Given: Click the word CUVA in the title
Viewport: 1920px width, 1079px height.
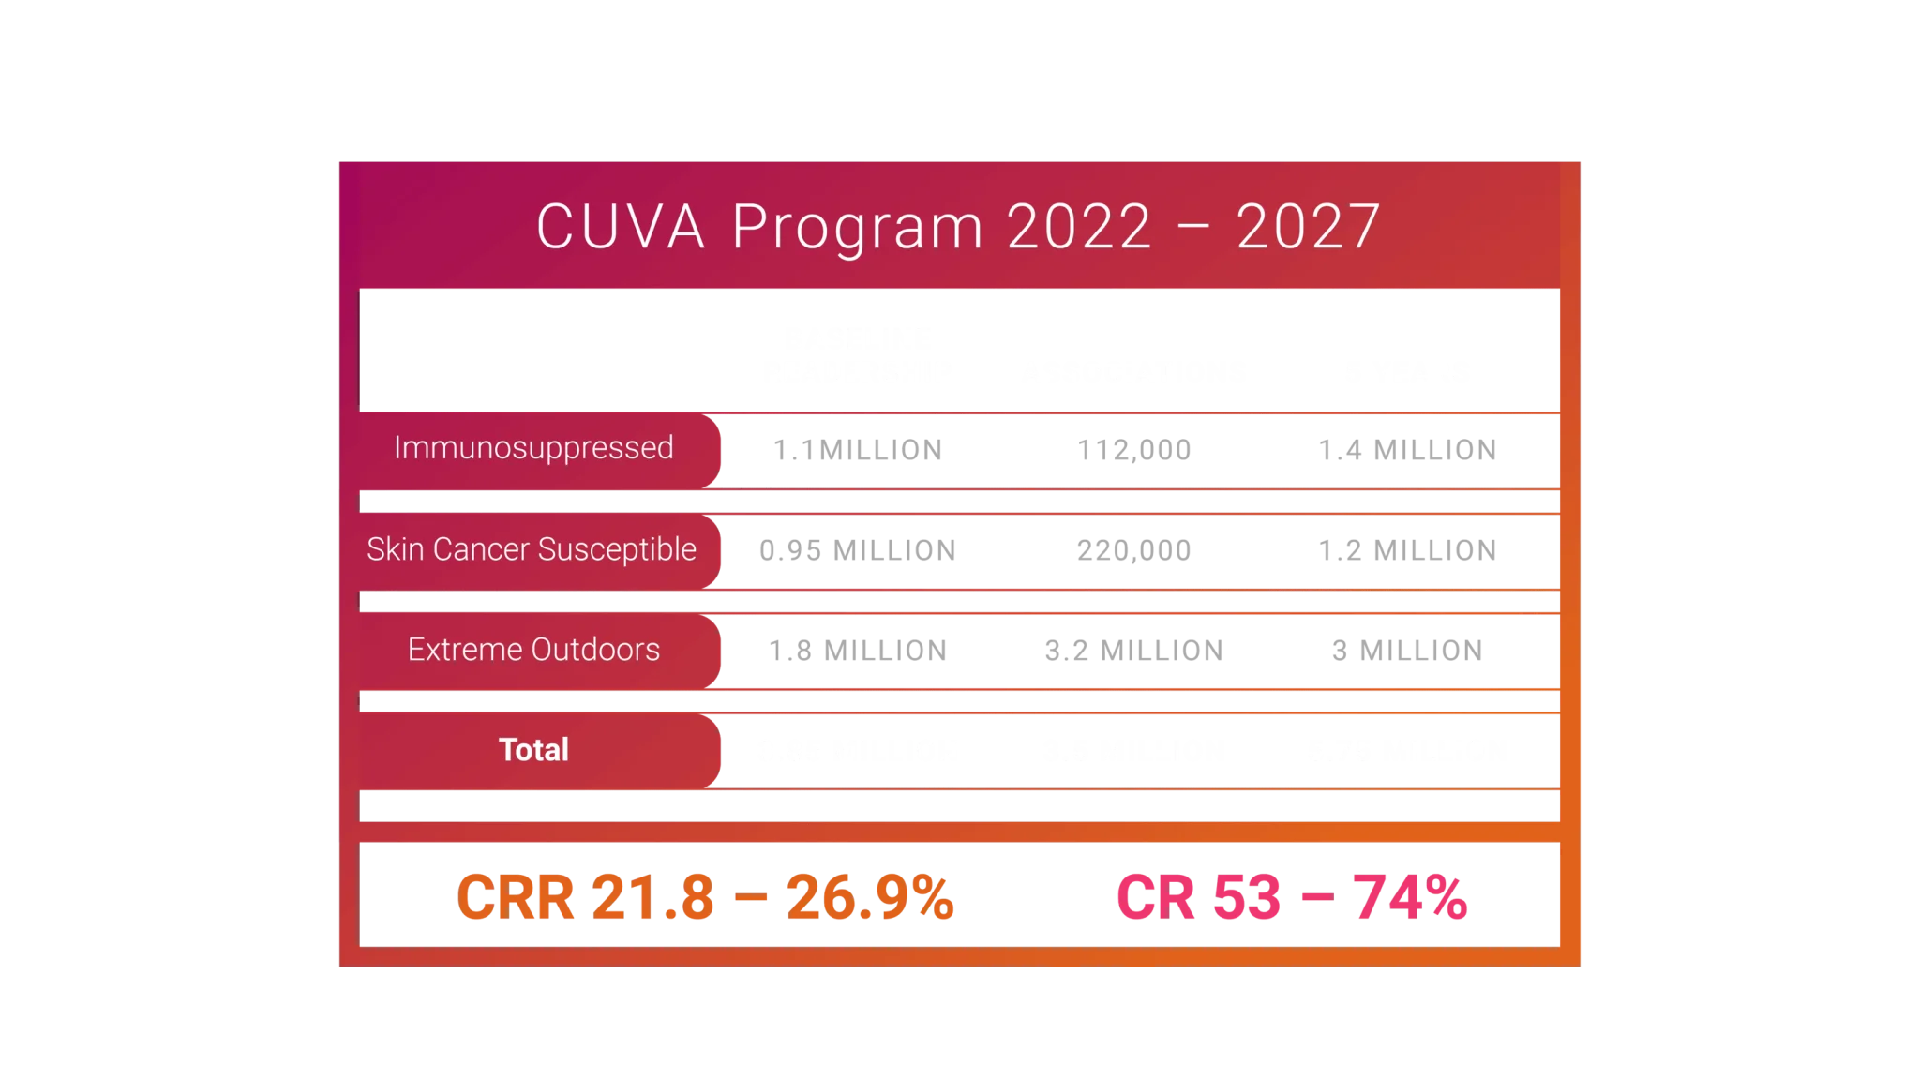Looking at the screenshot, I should (620, 227).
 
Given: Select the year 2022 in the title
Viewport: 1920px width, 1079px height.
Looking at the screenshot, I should (1079, 227).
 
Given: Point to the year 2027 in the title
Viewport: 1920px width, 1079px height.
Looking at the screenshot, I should (1308, 227).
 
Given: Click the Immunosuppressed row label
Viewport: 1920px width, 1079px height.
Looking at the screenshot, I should (533, 448).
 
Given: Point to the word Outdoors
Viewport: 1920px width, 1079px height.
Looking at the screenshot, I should (595, 650).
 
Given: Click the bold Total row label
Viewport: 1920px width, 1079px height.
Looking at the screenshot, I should (533, 750).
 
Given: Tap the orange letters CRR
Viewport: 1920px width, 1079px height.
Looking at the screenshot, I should (515, 898).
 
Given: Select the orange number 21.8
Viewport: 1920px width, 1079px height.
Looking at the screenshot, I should (652, 898).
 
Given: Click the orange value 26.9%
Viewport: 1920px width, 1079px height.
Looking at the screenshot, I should (871, 898).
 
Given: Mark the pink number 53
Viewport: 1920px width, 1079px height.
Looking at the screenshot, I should (1246, 898).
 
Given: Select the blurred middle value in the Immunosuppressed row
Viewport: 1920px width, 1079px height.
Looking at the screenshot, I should (1132, 450).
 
